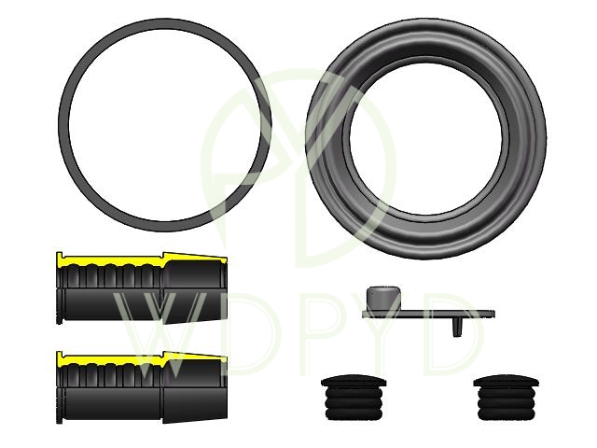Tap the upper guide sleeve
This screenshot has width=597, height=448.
(142, 288)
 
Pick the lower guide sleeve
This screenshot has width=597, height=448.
(142, 387)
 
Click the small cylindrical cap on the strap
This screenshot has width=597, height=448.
(383, 298)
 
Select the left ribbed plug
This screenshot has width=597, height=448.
(354, 398)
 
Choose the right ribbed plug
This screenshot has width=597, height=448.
(506, 398)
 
